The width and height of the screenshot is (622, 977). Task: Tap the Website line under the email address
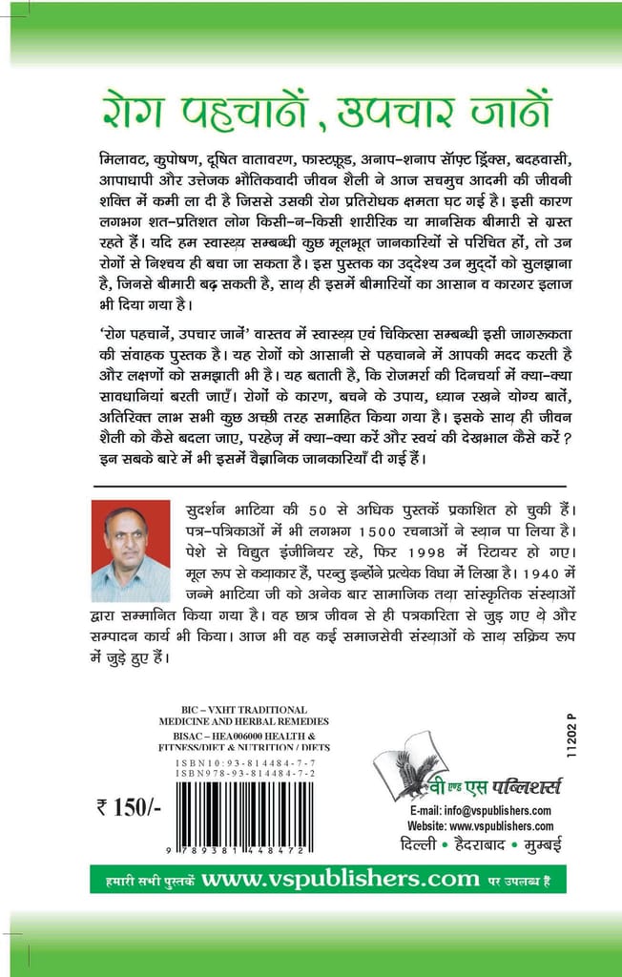point(481,825)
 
